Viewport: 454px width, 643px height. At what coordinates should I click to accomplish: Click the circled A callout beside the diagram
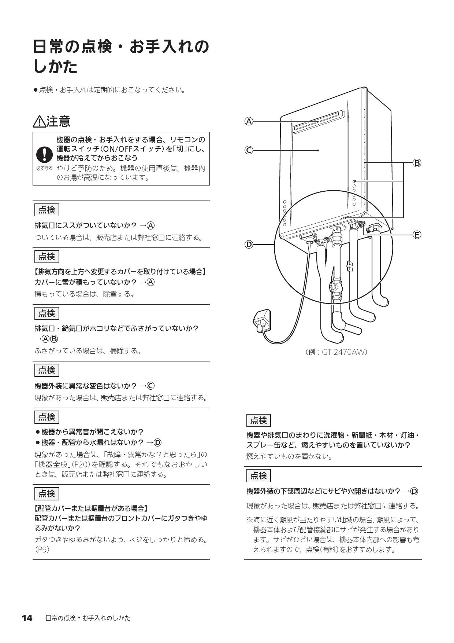click(249, 121)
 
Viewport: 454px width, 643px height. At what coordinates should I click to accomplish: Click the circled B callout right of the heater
click(417, 163)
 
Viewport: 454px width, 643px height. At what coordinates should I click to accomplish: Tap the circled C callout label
click(249, 150)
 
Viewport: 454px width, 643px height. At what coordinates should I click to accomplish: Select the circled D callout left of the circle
click(249, 245)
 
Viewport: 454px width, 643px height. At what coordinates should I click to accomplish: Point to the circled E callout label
click(417, 235)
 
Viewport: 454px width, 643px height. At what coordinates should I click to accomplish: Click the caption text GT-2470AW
click(344, 352)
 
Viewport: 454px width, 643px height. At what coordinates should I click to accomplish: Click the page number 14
click(27, 618)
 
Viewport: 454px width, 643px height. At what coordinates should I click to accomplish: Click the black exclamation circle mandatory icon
click(44, 154)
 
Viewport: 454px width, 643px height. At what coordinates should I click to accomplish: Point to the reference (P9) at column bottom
click(42, 550)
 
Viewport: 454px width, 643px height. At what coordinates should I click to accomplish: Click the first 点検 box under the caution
click(46, 210)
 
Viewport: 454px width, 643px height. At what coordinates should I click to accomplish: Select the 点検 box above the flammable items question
click(258, 420)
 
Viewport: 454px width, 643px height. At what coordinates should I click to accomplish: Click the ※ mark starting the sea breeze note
click(249, 520)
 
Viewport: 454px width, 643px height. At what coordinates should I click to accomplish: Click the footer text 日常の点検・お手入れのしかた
click(88, 618)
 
